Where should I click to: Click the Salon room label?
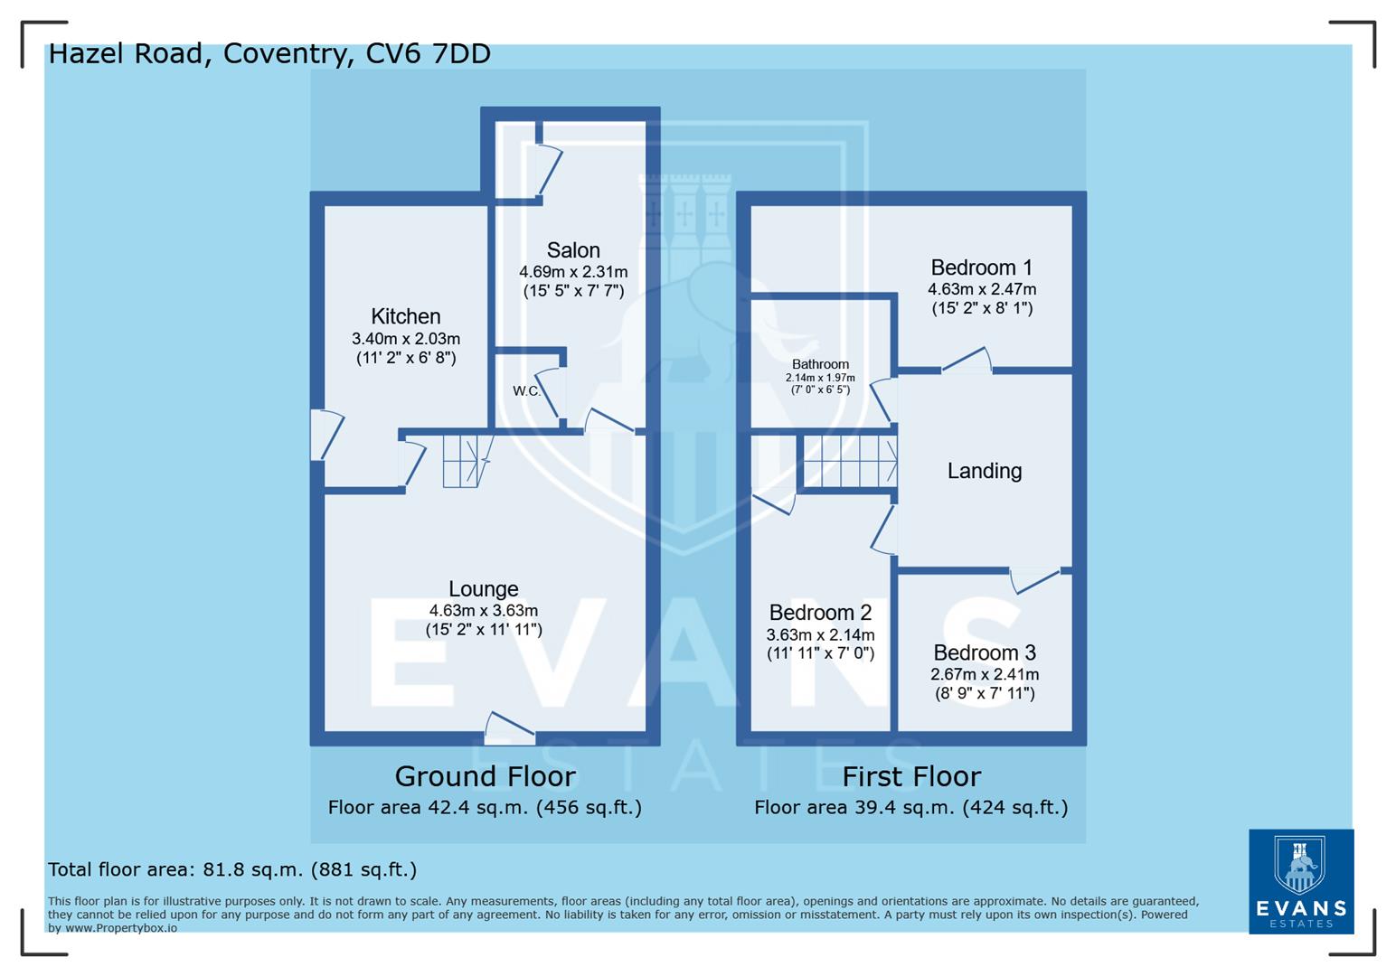tap(573, 250)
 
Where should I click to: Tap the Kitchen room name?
tap(406, 316)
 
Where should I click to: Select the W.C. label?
tap(526, 391)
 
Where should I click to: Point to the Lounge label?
tap(484, 589)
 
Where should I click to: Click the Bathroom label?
tap(820, 364)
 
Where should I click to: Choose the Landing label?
tap(985, 471)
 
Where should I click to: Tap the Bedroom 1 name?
tap(981, 267)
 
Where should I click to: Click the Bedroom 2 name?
tap(820, 613)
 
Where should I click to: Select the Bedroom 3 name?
tap(985, 652)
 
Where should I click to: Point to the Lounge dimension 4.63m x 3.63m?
tap(484, 611)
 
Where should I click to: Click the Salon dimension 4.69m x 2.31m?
tap(573, 272)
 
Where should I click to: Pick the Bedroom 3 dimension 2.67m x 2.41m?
tap(985, 674)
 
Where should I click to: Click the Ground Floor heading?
tap(485, 776)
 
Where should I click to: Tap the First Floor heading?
tap(911, 776)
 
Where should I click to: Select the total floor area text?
tap(232, 869)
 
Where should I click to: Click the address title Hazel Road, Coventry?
tap(269, 53)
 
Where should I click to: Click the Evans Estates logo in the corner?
tap(1301, 881)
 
